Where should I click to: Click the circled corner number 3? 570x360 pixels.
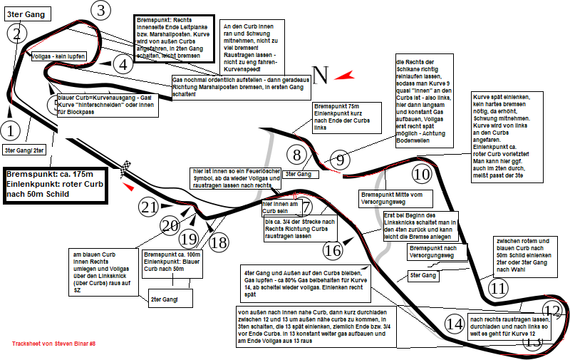click(101, 10)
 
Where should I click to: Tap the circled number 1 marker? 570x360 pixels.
click(10, 130)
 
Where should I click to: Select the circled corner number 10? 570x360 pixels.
click(423, 174)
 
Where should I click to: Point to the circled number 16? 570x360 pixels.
click(333, 250)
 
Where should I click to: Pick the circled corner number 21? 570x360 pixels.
click(148, 207)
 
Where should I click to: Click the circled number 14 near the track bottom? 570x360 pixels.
click(454, 324)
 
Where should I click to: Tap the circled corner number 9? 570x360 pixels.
click(340, 160)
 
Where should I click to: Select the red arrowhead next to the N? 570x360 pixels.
click(345, 75)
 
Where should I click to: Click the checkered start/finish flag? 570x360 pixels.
click(127, 170)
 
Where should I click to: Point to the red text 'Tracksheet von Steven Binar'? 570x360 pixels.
click(53, 344)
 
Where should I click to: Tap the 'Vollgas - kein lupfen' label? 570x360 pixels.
click(60, 55)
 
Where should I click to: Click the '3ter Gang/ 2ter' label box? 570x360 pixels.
click(24, 150)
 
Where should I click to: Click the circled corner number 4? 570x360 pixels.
click(123, 65)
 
